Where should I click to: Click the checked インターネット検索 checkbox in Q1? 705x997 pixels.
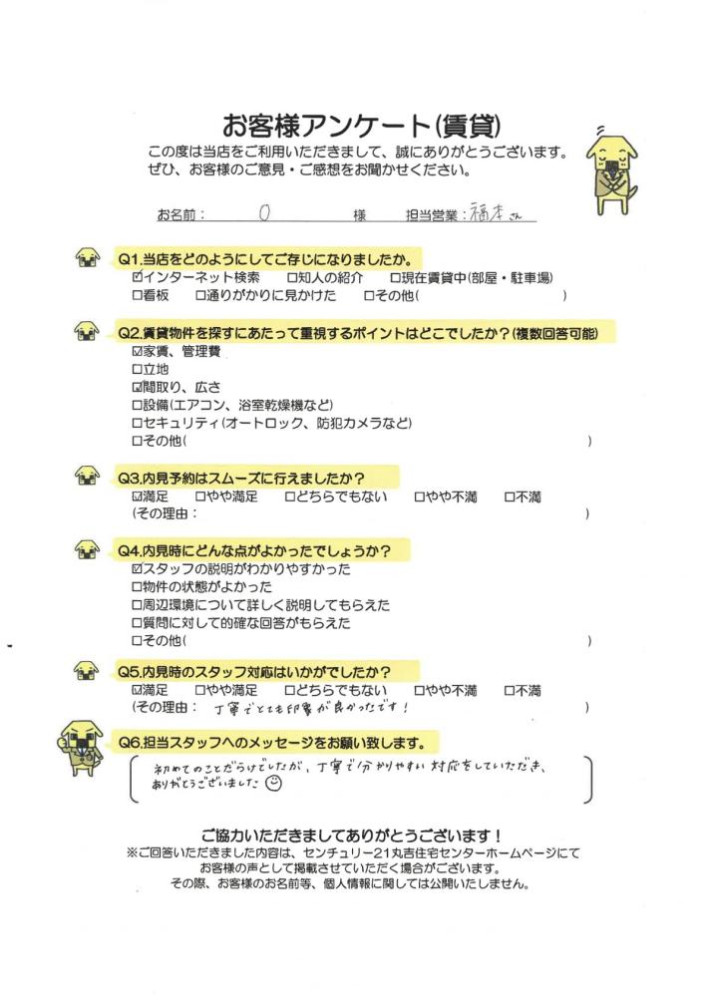coord(138,277)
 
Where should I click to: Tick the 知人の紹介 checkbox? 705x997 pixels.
coord(291,277)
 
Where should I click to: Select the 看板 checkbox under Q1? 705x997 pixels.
coord(138,296)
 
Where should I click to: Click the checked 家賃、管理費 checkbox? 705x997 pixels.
coord(138,351)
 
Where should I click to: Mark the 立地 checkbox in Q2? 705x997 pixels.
coord(138,369)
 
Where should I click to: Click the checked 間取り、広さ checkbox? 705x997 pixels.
coord(138,387)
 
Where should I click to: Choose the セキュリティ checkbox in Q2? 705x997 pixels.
coord(138,423)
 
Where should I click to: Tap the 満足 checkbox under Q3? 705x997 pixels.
coord(138,496)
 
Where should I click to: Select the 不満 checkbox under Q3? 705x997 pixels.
coord(510,496)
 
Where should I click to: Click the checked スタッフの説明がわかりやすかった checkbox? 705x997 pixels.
coord(138,569)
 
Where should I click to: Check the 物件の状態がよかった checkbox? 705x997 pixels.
coord(138,587)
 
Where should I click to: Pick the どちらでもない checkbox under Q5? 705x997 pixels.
coord(291,690)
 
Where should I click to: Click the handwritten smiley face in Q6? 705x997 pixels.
coord(276,785)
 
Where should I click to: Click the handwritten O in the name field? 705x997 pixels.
coord(264,212)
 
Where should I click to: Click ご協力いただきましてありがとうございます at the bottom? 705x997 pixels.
coord(351,834)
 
